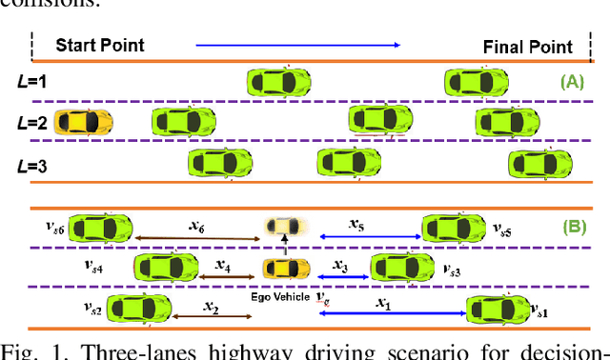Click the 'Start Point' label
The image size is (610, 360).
(x=100, y=45)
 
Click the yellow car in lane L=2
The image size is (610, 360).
(x=84, y=122)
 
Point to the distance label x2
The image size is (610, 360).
(x=212, y=309)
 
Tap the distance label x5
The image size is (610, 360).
(x=356, y=225)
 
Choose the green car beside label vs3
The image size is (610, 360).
(x=402, y=268)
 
